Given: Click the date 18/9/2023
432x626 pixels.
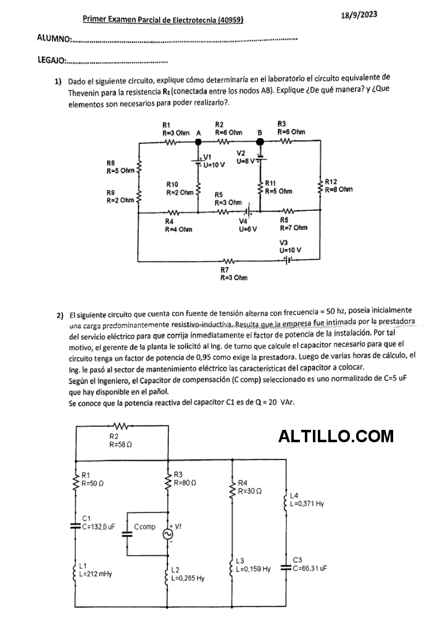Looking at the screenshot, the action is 359,15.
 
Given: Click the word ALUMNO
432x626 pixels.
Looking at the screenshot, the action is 54,38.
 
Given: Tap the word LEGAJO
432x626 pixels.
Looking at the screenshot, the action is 51,60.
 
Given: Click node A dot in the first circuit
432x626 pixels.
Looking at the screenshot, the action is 198,141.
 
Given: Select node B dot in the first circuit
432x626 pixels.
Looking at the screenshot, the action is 260,141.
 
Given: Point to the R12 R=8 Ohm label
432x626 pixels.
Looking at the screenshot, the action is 338,186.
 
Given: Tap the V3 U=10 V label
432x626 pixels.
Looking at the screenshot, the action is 290,246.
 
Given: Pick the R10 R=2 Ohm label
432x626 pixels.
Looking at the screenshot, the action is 180,189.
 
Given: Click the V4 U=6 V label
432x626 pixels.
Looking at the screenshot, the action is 247,224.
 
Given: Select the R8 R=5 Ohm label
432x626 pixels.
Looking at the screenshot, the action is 120,167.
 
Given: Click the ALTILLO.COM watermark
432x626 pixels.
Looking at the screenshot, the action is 336,437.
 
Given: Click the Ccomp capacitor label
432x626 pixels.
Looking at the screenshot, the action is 144,527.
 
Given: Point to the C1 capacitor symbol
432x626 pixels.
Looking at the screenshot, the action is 75,526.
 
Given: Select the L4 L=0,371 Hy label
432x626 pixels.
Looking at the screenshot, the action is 307,500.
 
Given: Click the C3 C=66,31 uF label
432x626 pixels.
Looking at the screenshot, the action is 309,564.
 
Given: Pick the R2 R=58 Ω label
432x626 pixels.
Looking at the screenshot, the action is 120,440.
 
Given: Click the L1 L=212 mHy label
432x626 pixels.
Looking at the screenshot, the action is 95,570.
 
